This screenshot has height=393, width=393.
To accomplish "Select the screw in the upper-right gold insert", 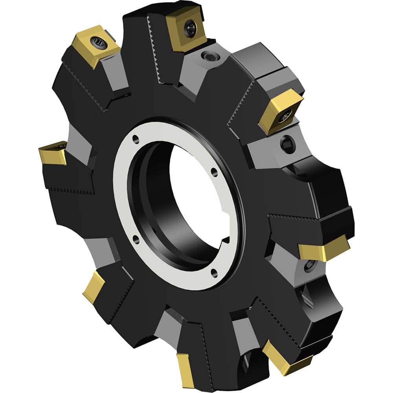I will pos(286,114).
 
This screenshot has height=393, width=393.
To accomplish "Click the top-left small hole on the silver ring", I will pos(136,138).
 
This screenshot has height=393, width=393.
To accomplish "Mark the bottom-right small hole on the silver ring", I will pos(214,270).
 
